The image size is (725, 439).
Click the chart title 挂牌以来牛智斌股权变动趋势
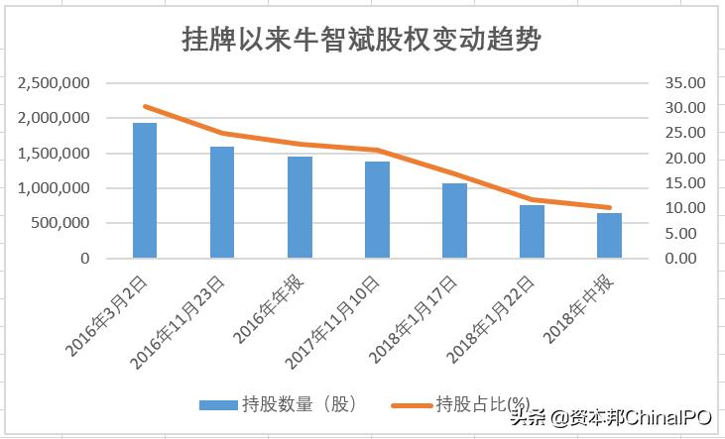362,39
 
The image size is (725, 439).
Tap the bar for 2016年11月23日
222,202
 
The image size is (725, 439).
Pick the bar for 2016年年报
300,207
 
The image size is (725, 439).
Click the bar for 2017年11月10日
377,209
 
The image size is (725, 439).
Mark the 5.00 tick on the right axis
685,234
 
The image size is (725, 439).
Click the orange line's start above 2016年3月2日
145,106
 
